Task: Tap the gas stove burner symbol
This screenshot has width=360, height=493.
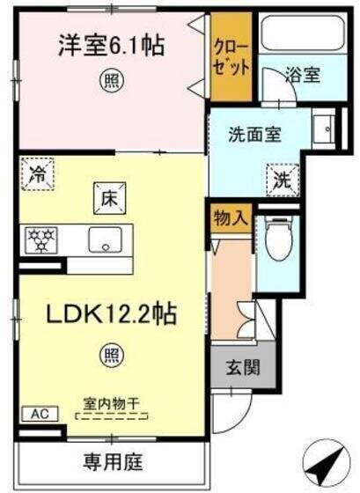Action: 40,238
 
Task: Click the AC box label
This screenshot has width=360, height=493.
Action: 39,412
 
